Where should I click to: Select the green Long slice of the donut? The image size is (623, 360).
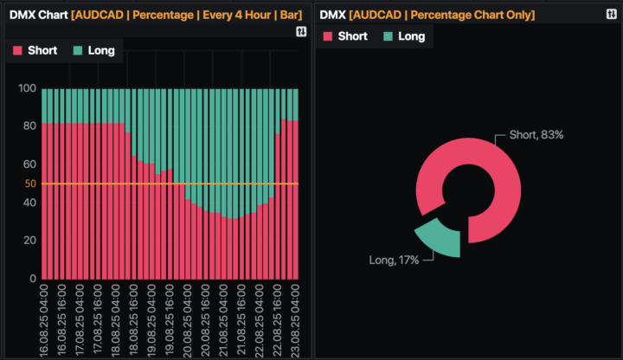(437, 236)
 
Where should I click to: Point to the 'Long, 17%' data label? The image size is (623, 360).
(394, 260)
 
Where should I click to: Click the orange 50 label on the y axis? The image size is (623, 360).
(30, 183)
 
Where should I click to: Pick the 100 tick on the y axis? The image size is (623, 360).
(27, 88)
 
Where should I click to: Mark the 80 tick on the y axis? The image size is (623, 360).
(29, 125)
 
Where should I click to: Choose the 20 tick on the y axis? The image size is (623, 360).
(29, 240)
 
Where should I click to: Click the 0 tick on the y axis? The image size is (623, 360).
(32, 279)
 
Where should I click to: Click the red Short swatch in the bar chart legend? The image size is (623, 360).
(17, 50)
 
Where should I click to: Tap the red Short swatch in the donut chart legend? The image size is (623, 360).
(327, 35)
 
